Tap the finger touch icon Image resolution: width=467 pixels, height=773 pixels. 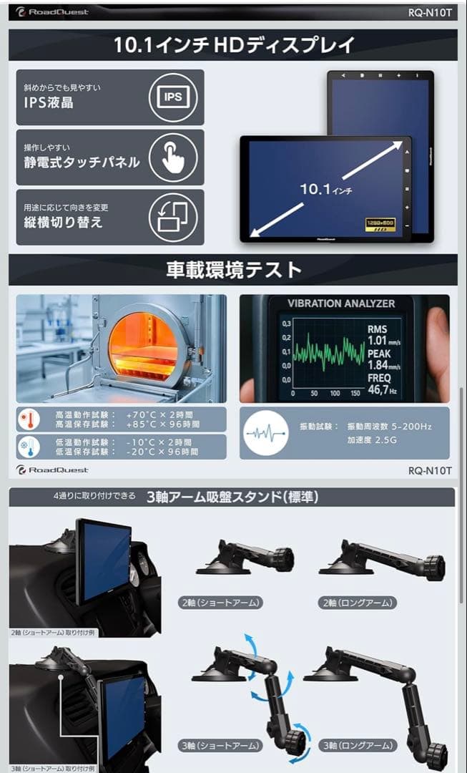click(172, 157)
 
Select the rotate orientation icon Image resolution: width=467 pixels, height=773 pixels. click(172, 217)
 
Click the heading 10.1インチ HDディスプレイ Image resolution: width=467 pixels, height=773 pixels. click(233, 45)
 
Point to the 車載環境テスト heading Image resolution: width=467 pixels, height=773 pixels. click(233, 271)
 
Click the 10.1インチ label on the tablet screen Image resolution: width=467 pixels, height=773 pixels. click(325, 189)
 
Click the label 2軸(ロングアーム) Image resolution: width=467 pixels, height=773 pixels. click(358, 603)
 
